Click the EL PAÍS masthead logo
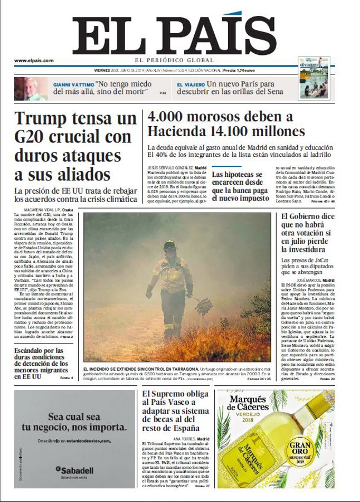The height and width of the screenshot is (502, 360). point(174,34)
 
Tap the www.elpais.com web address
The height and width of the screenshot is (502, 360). point(34,61)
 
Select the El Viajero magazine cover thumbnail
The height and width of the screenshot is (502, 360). point(315,77)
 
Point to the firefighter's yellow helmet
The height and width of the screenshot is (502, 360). point(170,245)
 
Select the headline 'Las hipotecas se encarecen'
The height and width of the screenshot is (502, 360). point(240,186)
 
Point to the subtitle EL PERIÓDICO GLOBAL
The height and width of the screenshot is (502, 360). point(174,60)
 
